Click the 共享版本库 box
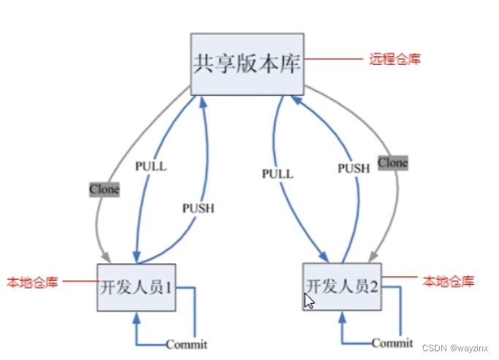pos(247,64)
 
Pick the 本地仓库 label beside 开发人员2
pos(449,281)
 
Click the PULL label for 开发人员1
pos(151,166)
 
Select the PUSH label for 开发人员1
pos(198,208)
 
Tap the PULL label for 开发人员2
pos(277,174)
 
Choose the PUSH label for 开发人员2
pos(354,168)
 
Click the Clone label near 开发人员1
pos(104,190)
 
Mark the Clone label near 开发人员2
pos(392,162)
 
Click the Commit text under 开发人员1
pos(186,344)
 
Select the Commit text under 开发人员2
pos(392,342)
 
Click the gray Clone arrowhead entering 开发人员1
pos(105,257)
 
